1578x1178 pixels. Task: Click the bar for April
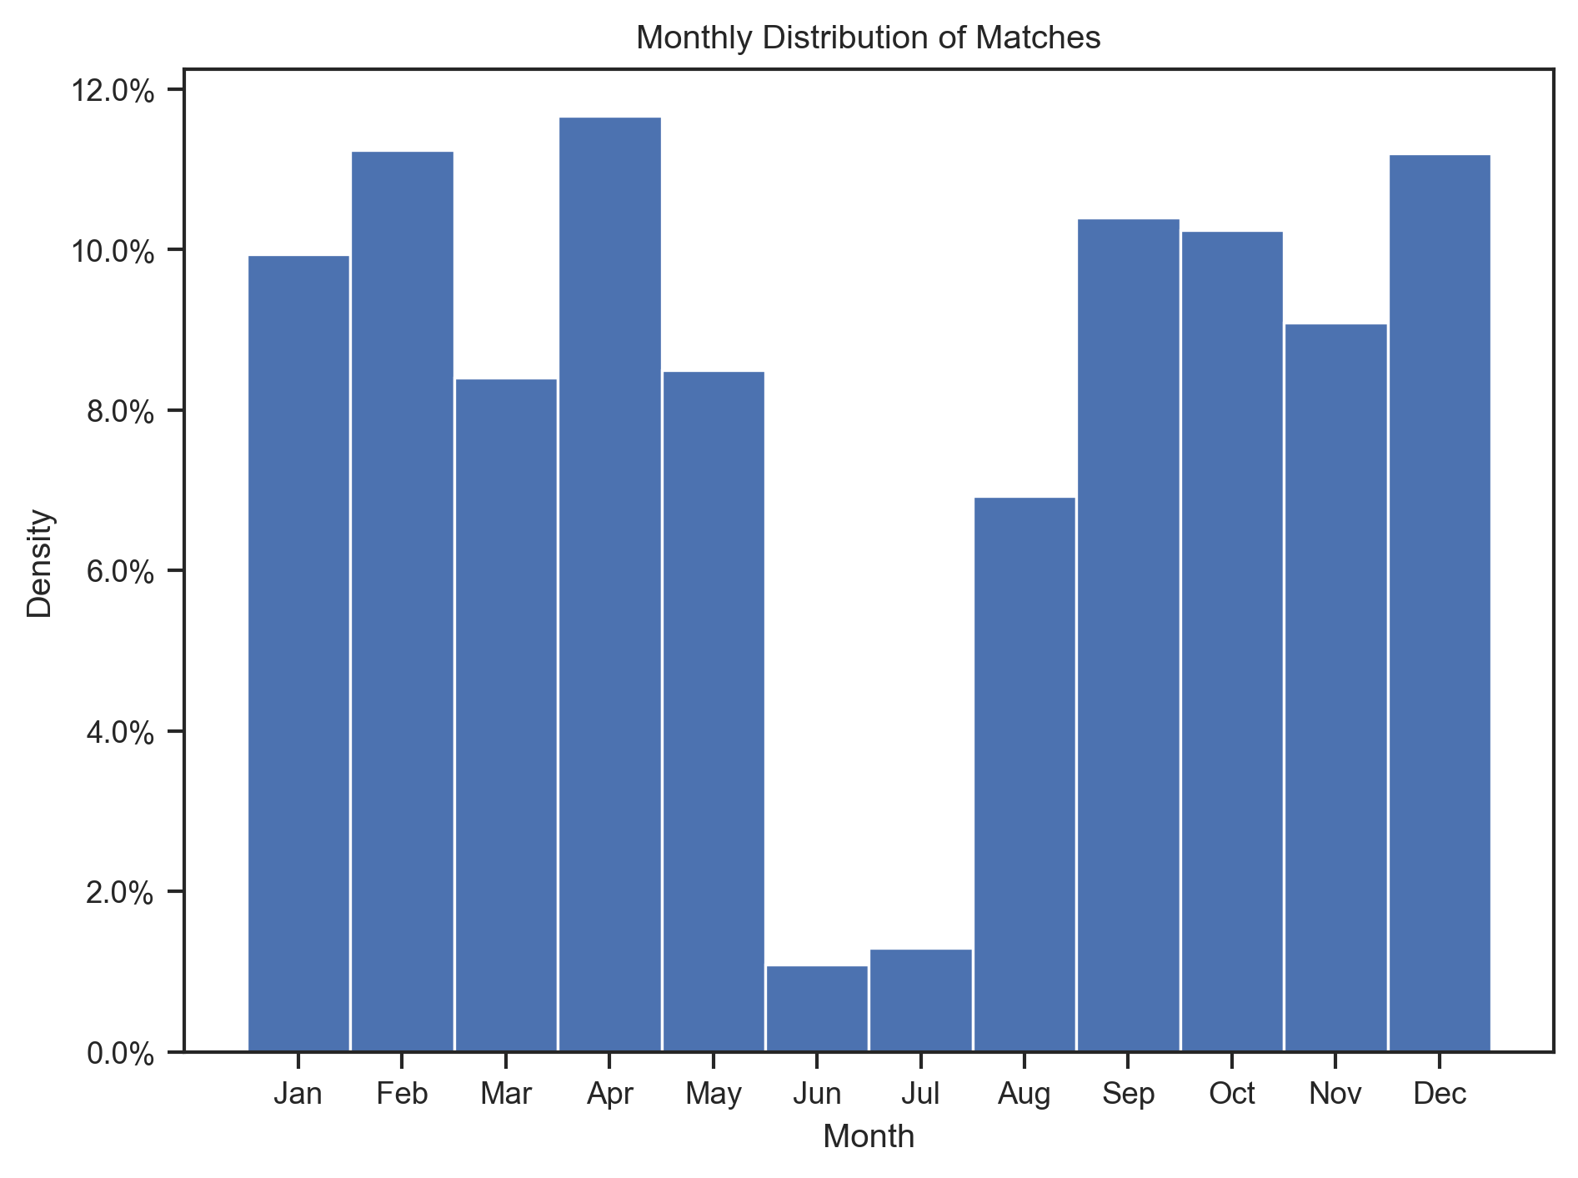[x=609, y=584]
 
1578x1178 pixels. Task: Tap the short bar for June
[x=817, y=1008]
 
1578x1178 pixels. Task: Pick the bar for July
[x=920, y=1000]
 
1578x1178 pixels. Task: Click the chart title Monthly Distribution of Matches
[x=868, y=38]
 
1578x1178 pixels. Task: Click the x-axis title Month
[x=868, y=1136]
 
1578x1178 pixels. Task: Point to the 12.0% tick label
[x=113, y=91]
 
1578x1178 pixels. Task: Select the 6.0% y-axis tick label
[x=120, y=572]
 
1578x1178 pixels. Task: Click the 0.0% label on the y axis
[x=120, y=1053]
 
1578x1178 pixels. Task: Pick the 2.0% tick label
[x=120, y=893]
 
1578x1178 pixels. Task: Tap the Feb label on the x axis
[x=402, y=1093]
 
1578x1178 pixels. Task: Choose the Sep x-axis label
[x=1128, y=1093]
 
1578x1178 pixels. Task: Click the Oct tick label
[x=1232, y=1093]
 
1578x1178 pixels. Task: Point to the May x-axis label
[x=714, y=1093]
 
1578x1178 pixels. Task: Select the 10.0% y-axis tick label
[x=113, y=251]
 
